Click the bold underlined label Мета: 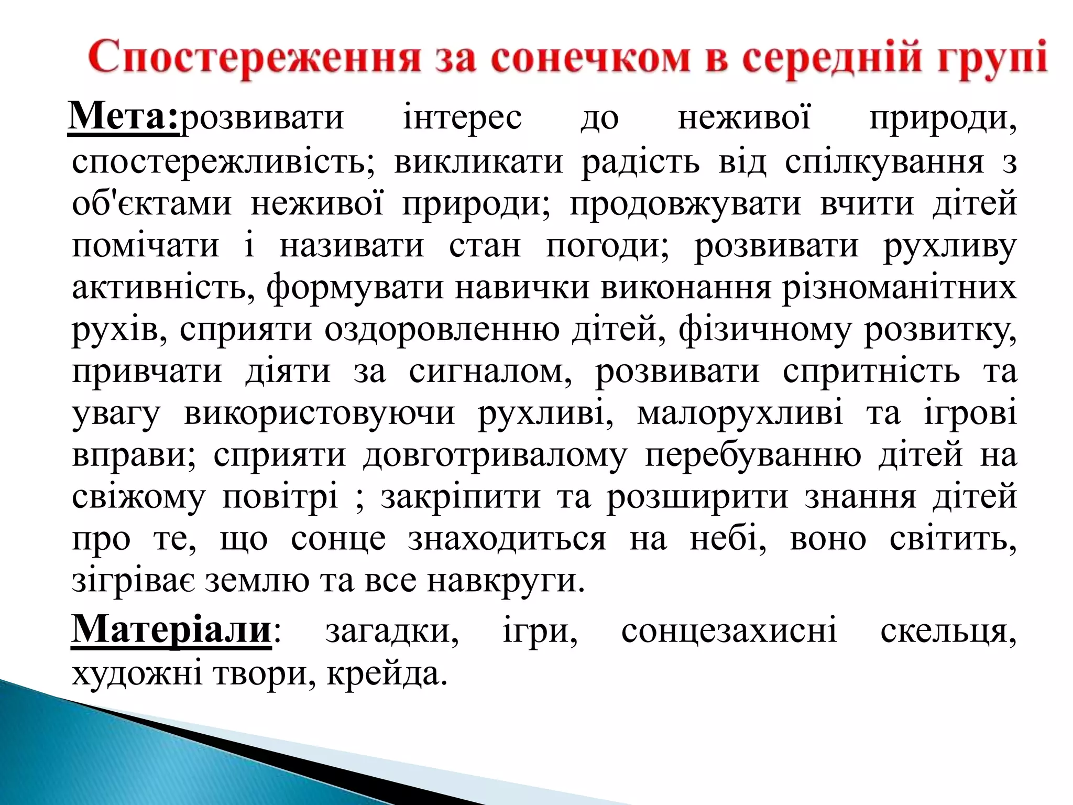pyautogui.click(x=124, y=116)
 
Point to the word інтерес pyautogui.click(x=462, y=118)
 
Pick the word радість pyautogui.click(x=640, y=161)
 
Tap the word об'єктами pyautogui.click(x=151, y=203)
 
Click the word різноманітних pyautogui.click(x=899, y=287)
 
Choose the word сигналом pyautogui.click(x=490, y=371)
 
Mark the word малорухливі pyautogui.click(x=740, y=413)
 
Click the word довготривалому pyautogui.click(x=495, y=455)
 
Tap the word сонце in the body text pyautogui.click(x=338, y=539)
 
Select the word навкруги pyautogui.click(x=505, y=581)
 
